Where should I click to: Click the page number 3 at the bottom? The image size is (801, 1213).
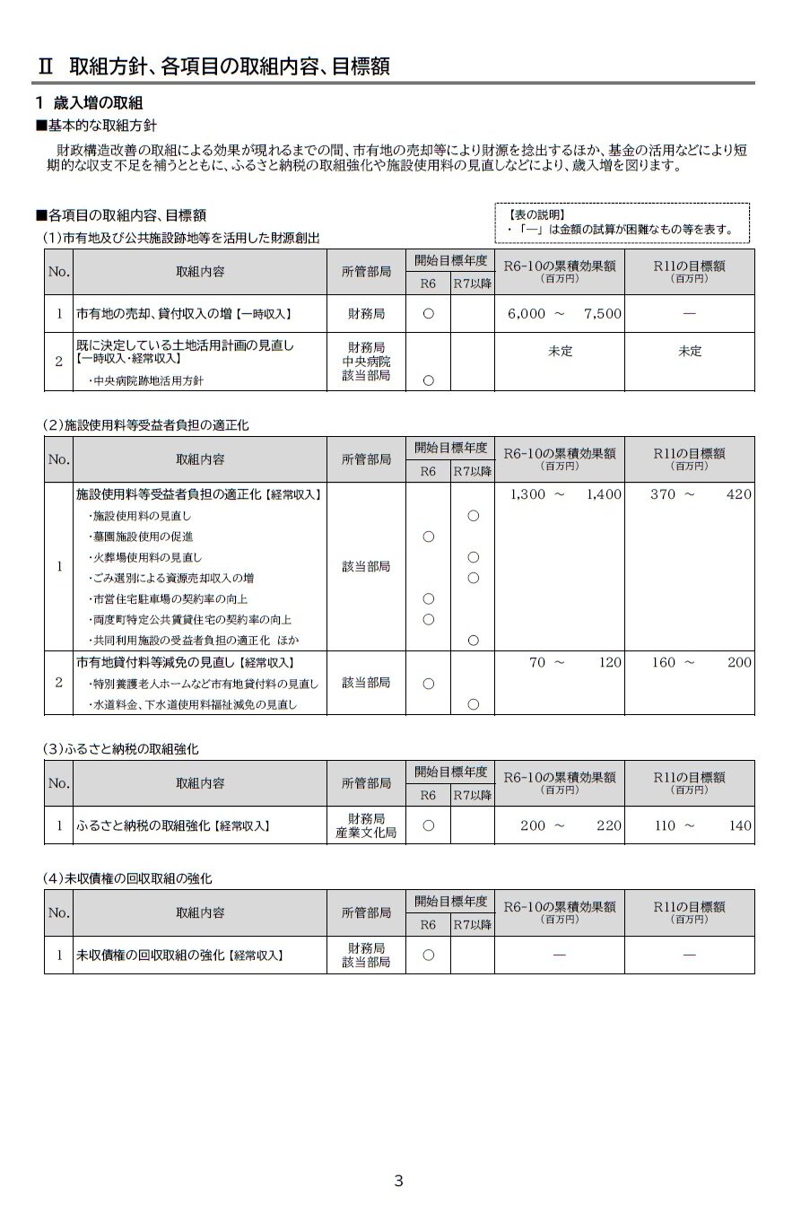coord(398,1181)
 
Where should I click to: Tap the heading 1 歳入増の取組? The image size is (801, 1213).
coord(89,102)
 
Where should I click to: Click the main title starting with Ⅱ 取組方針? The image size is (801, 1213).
coord(214,66)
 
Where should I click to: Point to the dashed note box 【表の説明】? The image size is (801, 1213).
coord(622,223)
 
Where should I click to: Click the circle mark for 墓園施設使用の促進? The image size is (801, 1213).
coord(428,537)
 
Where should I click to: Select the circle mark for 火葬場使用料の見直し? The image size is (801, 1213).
coord(473,557)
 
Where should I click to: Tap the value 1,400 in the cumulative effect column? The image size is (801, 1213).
coord(603,494)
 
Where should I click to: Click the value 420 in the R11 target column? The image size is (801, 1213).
coord(739,494)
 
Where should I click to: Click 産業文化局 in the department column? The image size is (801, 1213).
coord(366,833)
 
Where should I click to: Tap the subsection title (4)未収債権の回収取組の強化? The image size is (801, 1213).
coord(128,877)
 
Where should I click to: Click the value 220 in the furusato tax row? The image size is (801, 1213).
coord(608,825)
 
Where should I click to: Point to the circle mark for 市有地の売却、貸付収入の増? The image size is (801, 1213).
coord(428,314)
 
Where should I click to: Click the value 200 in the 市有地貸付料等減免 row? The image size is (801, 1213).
coord(739,663)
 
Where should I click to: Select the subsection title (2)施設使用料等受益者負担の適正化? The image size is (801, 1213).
coord(146,425)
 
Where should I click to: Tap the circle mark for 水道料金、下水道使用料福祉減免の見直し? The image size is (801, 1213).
coord(473,705)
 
